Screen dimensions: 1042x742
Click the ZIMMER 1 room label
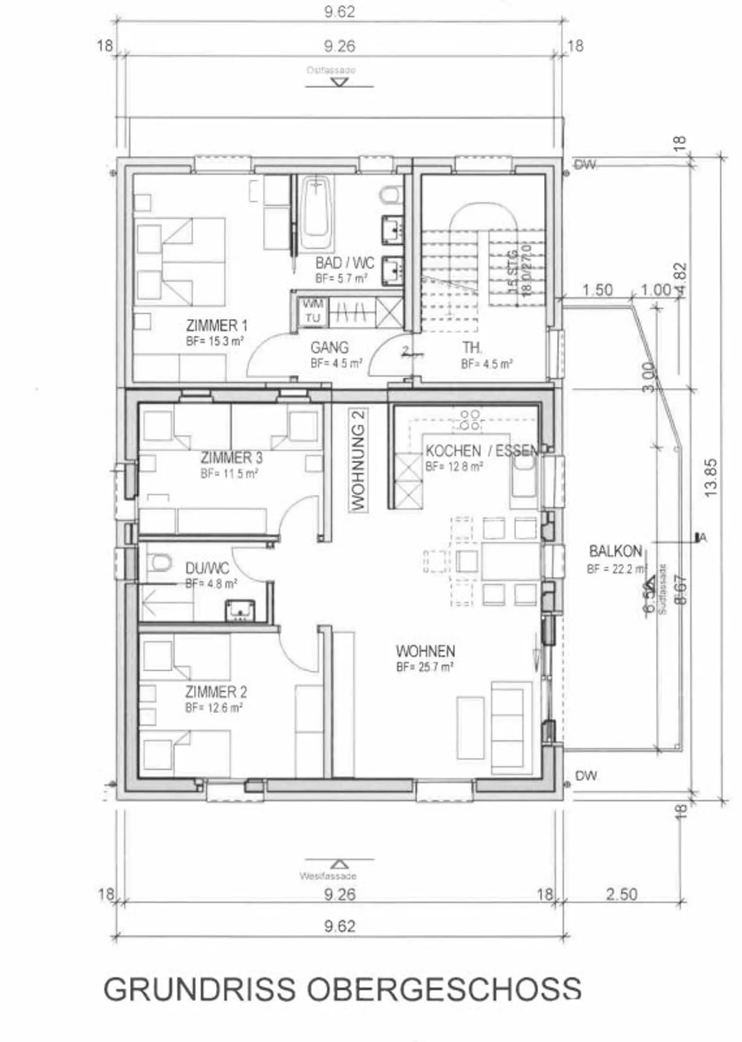coord(216,325)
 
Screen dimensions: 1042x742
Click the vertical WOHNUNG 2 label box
coord(358,459)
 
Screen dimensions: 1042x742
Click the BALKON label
coord(615,551)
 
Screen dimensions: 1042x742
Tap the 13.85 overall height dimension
coord(711,477)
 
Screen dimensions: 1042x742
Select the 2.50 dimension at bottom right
coord(621,894)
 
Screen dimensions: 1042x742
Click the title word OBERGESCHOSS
coord(444,989)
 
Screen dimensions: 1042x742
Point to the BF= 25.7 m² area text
coord(425,667)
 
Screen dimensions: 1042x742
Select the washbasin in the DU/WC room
coord(240,610)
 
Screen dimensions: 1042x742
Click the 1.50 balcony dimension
coord(597,290)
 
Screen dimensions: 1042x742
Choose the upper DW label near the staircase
coord(585,164)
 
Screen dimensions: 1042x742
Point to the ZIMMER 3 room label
coord(231,457)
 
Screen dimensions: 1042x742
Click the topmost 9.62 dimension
coord(340,11)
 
